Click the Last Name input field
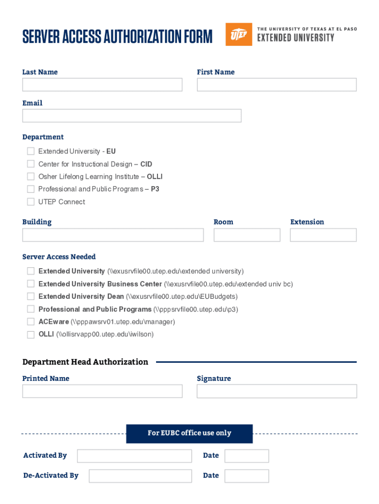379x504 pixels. (102, 85)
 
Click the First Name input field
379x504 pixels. (277, 85)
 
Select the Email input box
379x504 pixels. (131, 116)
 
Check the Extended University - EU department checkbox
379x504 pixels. (31, 151)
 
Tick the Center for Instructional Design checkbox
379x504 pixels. (31, 164)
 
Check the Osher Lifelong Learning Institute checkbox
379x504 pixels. (31, 176)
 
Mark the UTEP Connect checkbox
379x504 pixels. (31, 202)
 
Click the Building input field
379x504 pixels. (113, 235)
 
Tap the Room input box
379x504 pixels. (247, 235)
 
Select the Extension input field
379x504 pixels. (323, 235)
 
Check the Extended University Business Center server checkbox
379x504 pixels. (31, 284)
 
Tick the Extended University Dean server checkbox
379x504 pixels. (31, 296)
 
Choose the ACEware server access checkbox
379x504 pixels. (31, 322)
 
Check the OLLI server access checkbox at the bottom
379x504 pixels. (31, 335)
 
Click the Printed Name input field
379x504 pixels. (102, 391)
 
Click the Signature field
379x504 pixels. (277, 391)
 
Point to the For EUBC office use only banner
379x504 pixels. (189, 433)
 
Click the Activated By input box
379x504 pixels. (134, 456)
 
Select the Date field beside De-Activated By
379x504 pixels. (247, 476)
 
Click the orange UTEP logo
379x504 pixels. (239, 34)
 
